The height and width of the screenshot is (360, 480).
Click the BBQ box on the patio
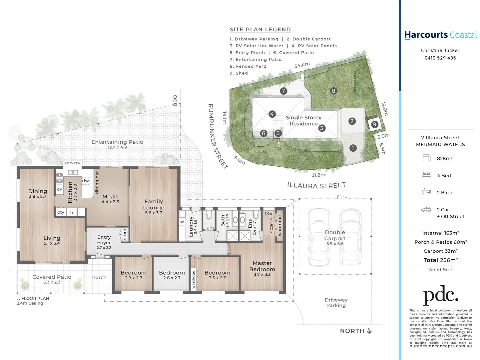pos(175,98)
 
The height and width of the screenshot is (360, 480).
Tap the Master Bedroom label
pos(262,266)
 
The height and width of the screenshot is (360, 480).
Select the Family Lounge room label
pos(154,204)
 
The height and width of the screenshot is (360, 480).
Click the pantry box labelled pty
pos(61,212)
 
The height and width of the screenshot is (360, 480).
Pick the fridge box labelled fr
pos(72,212)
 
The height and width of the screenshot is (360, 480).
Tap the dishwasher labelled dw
pos(86,181)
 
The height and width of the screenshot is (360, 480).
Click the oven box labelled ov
pos(59,189)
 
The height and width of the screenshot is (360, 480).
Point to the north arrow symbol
pos(369,331)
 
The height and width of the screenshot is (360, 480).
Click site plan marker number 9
pos(374,124)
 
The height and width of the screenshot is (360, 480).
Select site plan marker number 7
pos(283,91)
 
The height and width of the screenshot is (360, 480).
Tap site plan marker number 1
pos(353,148)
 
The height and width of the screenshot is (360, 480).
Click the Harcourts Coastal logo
pos(440,35)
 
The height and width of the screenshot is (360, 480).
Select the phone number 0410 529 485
pos(440,58)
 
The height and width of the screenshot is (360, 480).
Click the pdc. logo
pos(440,295)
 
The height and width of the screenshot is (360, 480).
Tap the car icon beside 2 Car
pos(426,209)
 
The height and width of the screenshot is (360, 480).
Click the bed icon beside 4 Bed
pos(426,175)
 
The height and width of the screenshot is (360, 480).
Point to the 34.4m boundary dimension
pos(302,65)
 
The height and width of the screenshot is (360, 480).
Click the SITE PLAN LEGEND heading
pos(260,30)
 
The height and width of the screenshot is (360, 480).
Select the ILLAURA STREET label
pos(316,185)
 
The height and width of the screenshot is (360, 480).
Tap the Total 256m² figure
pos(440,260)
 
